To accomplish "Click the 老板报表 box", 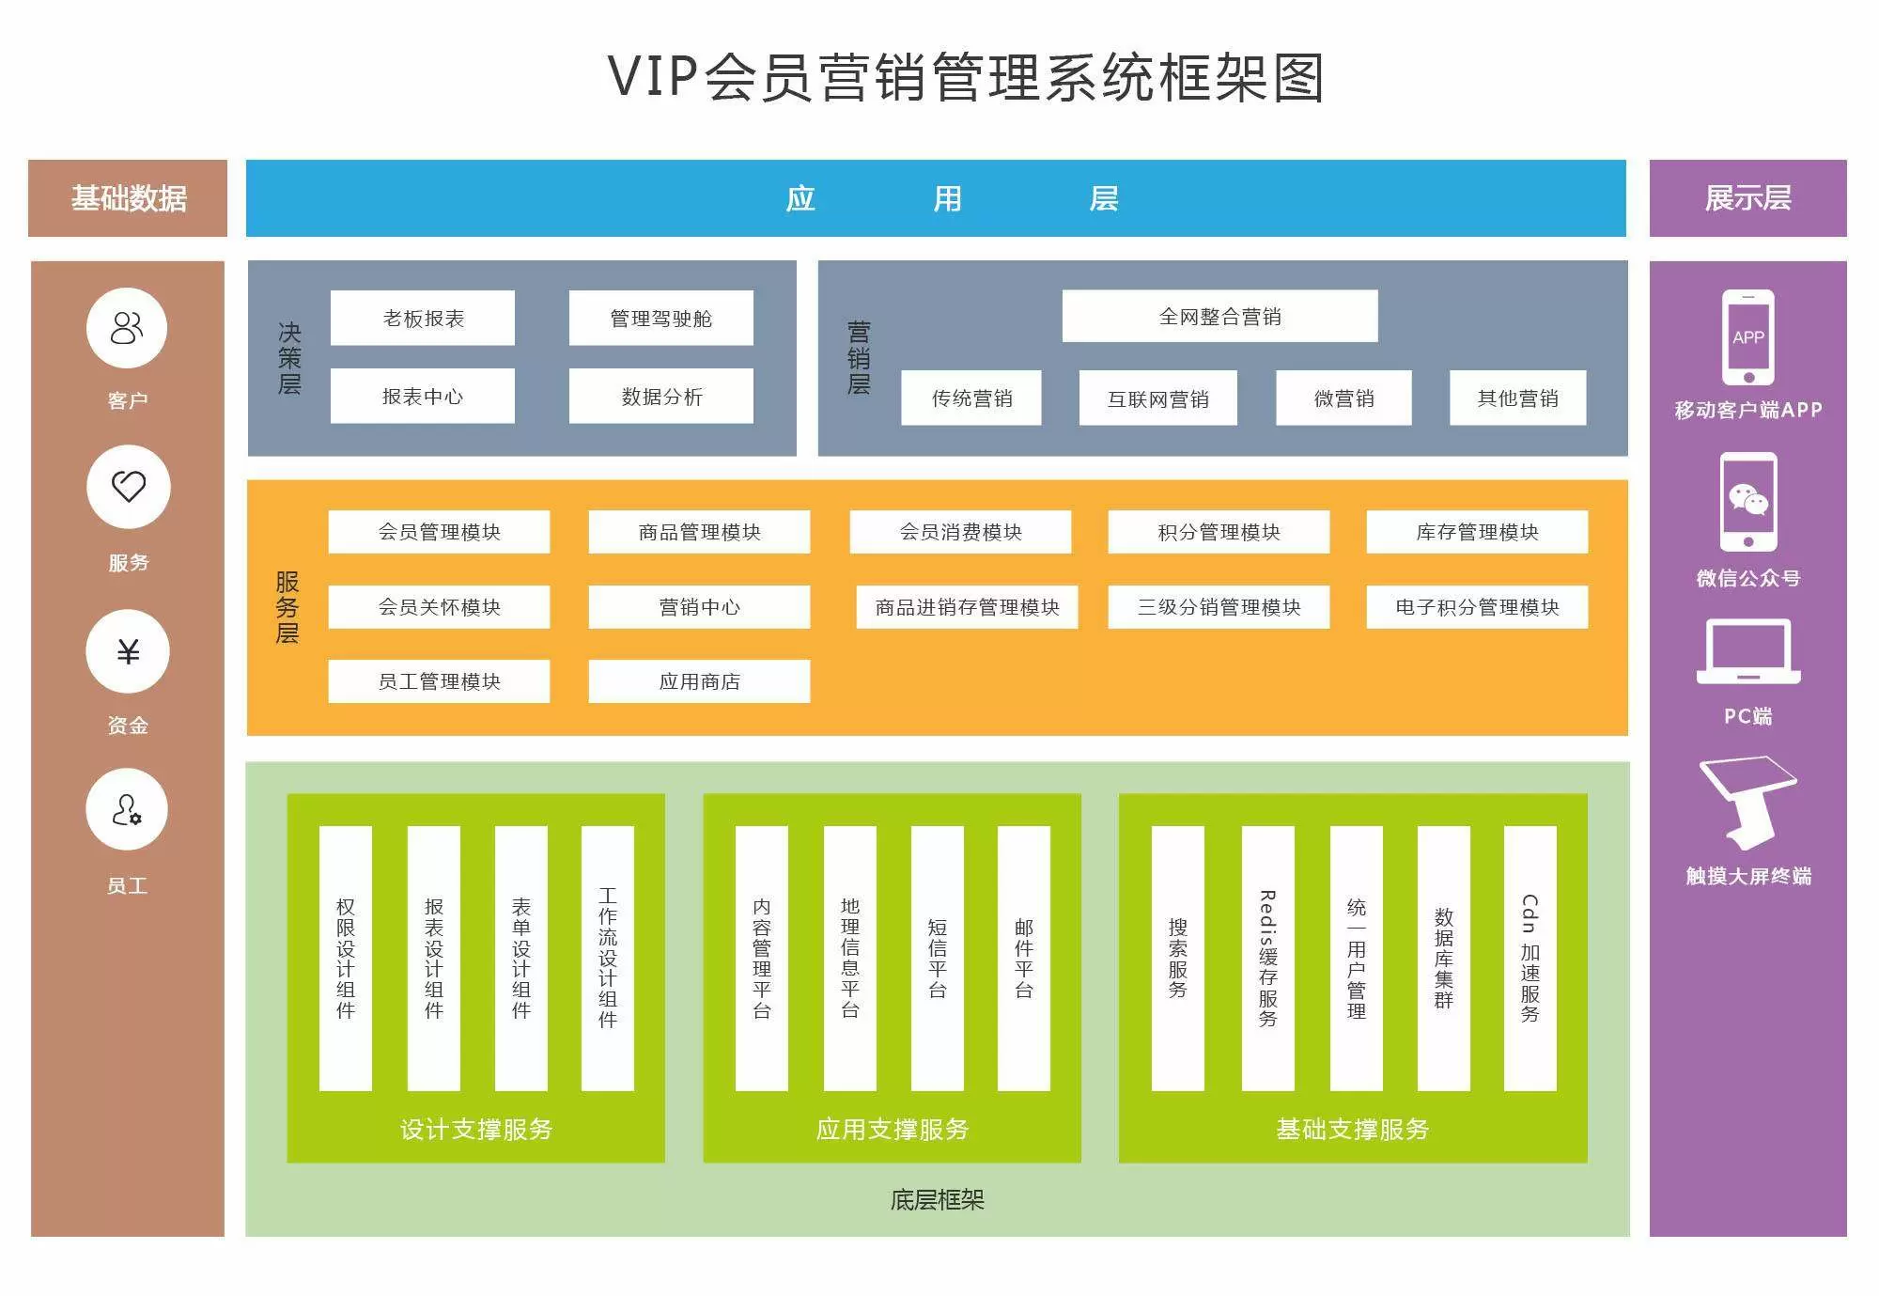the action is point(423,318).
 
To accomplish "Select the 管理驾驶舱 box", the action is point(660,318).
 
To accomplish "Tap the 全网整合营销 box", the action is point(1219,316).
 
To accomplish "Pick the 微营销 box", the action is point(1343,398).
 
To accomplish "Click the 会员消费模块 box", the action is point(960,532).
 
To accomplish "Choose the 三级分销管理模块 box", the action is point(1219,607).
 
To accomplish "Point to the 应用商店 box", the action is point(699,681).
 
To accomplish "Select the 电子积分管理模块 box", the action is point(1477,607).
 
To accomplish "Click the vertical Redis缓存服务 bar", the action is point(1267,959).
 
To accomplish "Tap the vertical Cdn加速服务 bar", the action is point(1530,959).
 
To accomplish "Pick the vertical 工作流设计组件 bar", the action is point(607,959).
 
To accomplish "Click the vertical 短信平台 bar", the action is point(937,959).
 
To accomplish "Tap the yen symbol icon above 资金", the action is point(128,651).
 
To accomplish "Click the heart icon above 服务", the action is point(129,486).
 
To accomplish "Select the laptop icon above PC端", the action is point(1748,651).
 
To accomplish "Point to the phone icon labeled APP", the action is point(1748,337).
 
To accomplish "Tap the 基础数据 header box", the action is point(128,198).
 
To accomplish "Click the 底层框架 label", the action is point(937,1200).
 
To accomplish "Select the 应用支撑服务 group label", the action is point(892,1129).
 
